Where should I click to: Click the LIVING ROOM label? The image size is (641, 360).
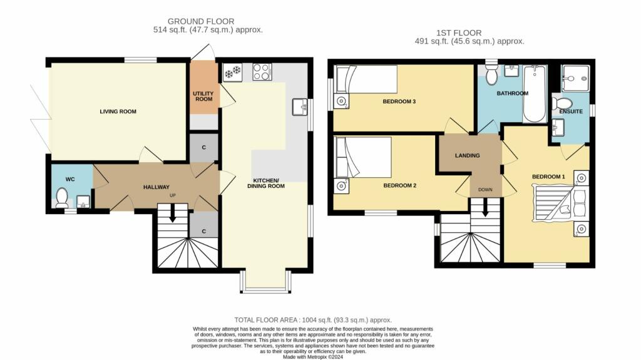click(x=118, y=111)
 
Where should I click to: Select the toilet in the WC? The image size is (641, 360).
click(x=62, y=198)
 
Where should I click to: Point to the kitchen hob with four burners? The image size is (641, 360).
click(x=262, y=72)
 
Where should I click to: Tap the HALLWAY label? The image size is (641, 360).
click(x=156, y=187)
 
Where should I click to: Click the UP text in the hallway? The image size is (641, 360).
click(x=172, y=196)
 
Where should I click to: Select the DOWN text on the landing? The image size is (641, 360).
click(x=485, y=189)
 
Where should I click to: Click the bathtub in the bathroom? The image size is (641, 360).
click(x=534, y=94)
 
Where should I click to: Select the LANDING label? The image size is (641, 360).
click(x=468, y=156)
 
